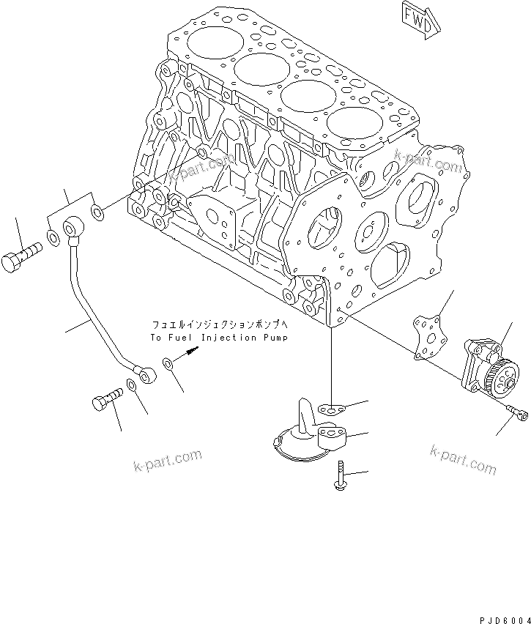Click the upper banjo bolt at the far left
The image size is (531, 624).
(21, 259)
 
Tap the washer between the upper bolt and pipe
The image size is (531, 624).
(53, 237)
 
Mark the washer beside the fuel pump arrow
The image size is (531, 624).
(168, 363)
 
